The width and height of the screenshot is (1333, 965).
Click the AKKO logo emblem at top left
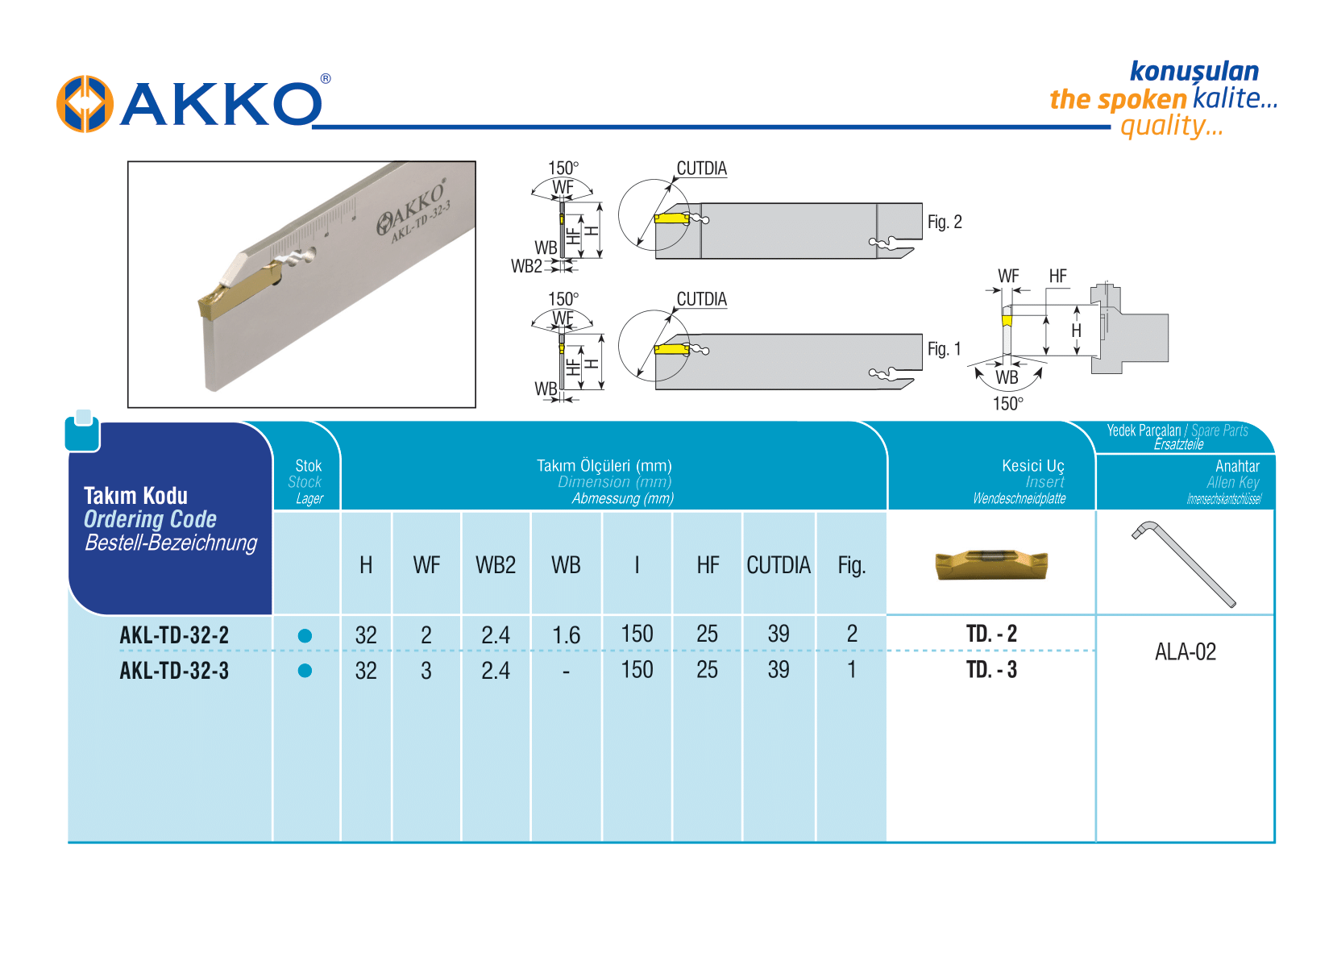(84, 104)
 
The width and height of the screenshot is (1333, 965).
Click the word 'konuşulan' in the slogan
(1194, 71)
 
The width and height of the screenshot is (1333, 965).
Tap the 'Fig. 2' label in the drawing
(944, 222)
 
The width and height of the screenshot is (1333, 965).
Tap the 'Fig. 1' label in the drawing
(944, 349)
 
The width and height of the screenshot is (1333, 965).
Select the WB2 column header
(495, 565)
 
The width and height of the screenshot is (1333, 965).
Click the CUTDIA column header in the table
(778, 565)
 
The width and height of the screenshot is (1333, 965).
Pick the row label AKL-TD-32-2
(174, 635)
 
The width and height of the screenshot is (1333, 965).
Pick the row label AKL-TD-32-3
(174, 671)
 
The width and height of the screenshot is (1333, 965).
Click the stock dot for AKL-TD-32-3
(305, 671)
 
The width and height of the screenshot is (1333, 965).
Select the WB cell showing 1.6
(566, 635)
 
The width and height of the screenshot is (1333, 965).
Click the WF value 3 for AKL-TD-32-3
(426, 671)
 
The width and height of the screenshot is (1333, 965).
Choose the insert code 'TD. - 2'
(991, 634)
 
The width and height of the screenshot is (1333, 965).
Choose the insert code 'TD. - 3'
(991, 670)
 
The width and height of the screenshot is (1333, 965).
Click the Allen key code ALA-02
(1185, 651)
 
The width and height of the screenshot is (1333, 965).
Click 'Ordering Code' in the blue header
(150, 519)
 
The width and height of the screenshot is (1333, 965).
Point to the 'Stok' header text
(308, 466)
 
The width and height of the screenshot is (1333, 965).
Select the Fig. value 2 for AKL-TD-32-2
(851, 634)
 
